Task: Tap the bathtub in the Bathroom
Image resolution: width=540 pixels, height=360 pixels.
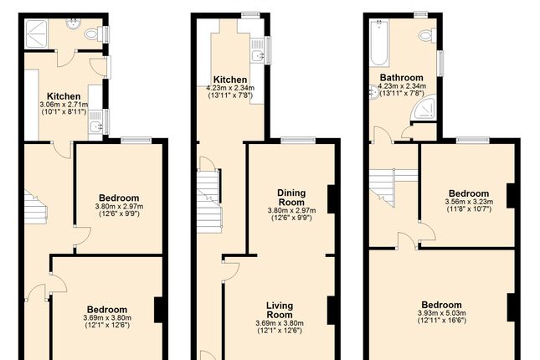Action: point(378,44)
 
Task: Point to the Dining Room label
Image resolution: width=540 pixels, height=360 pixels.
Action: point(291,197)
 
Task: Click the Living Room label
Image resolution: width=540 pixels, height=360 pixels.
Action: point(279,310)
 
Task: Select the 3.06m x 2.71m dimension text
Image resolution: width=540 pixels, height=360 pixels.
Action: point(64,105)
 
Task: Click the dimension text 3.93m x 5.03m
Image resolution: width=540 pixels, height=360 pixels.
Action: point(441,314)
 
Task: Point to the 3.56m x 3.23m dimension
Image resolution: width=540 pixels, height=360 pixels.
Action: point(468,201)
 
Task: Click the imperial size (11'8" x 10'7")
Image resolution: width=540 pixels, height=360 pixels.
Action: point(468,209)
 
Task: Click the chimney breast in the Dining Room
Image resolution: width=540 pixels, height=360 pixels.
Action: point(332,198)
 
